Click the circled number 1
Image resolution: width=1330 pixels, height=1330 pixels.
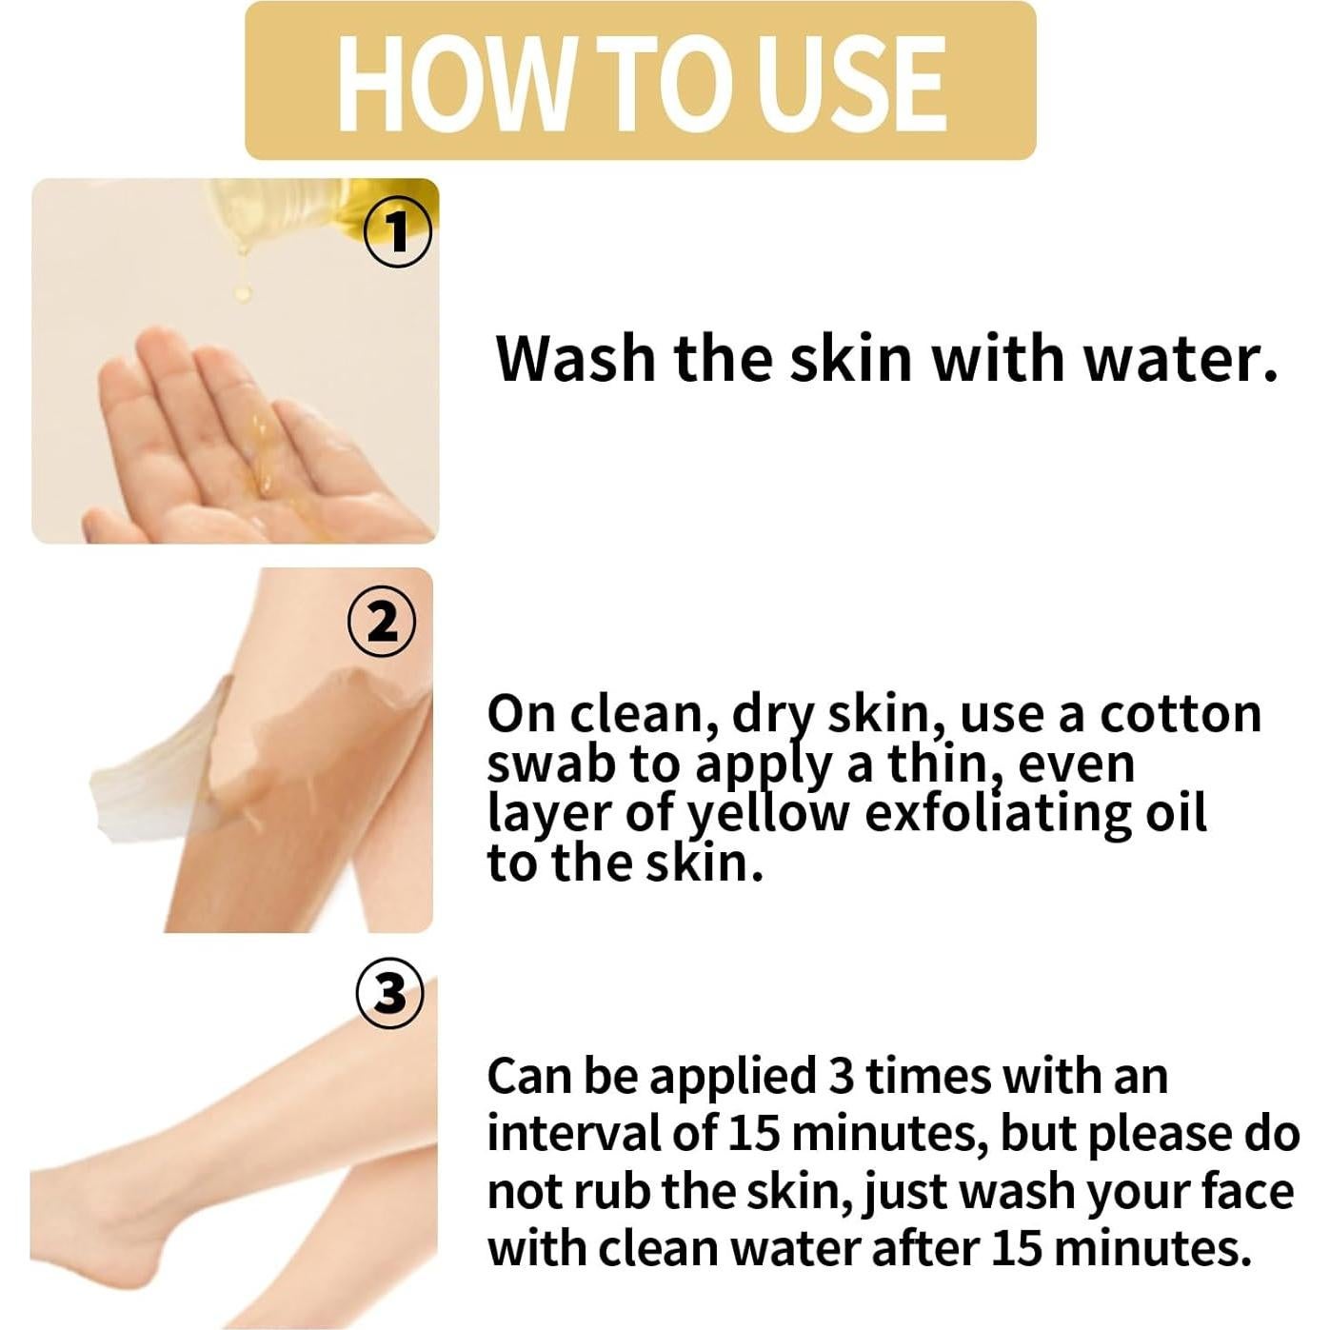point(398,231)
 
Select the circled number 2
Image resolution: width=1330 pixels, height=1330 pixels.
point(382,623)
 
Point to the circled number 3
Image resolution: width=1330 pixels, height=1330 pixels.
point(389,994)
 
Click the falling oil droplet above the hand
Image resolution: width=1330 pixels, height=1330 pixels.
point(244,290)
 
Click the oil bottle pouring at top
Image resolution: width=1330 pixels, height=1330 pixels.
point(305,209)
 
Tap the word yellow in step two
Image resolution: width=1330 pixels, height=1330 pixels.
point(767,815)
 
